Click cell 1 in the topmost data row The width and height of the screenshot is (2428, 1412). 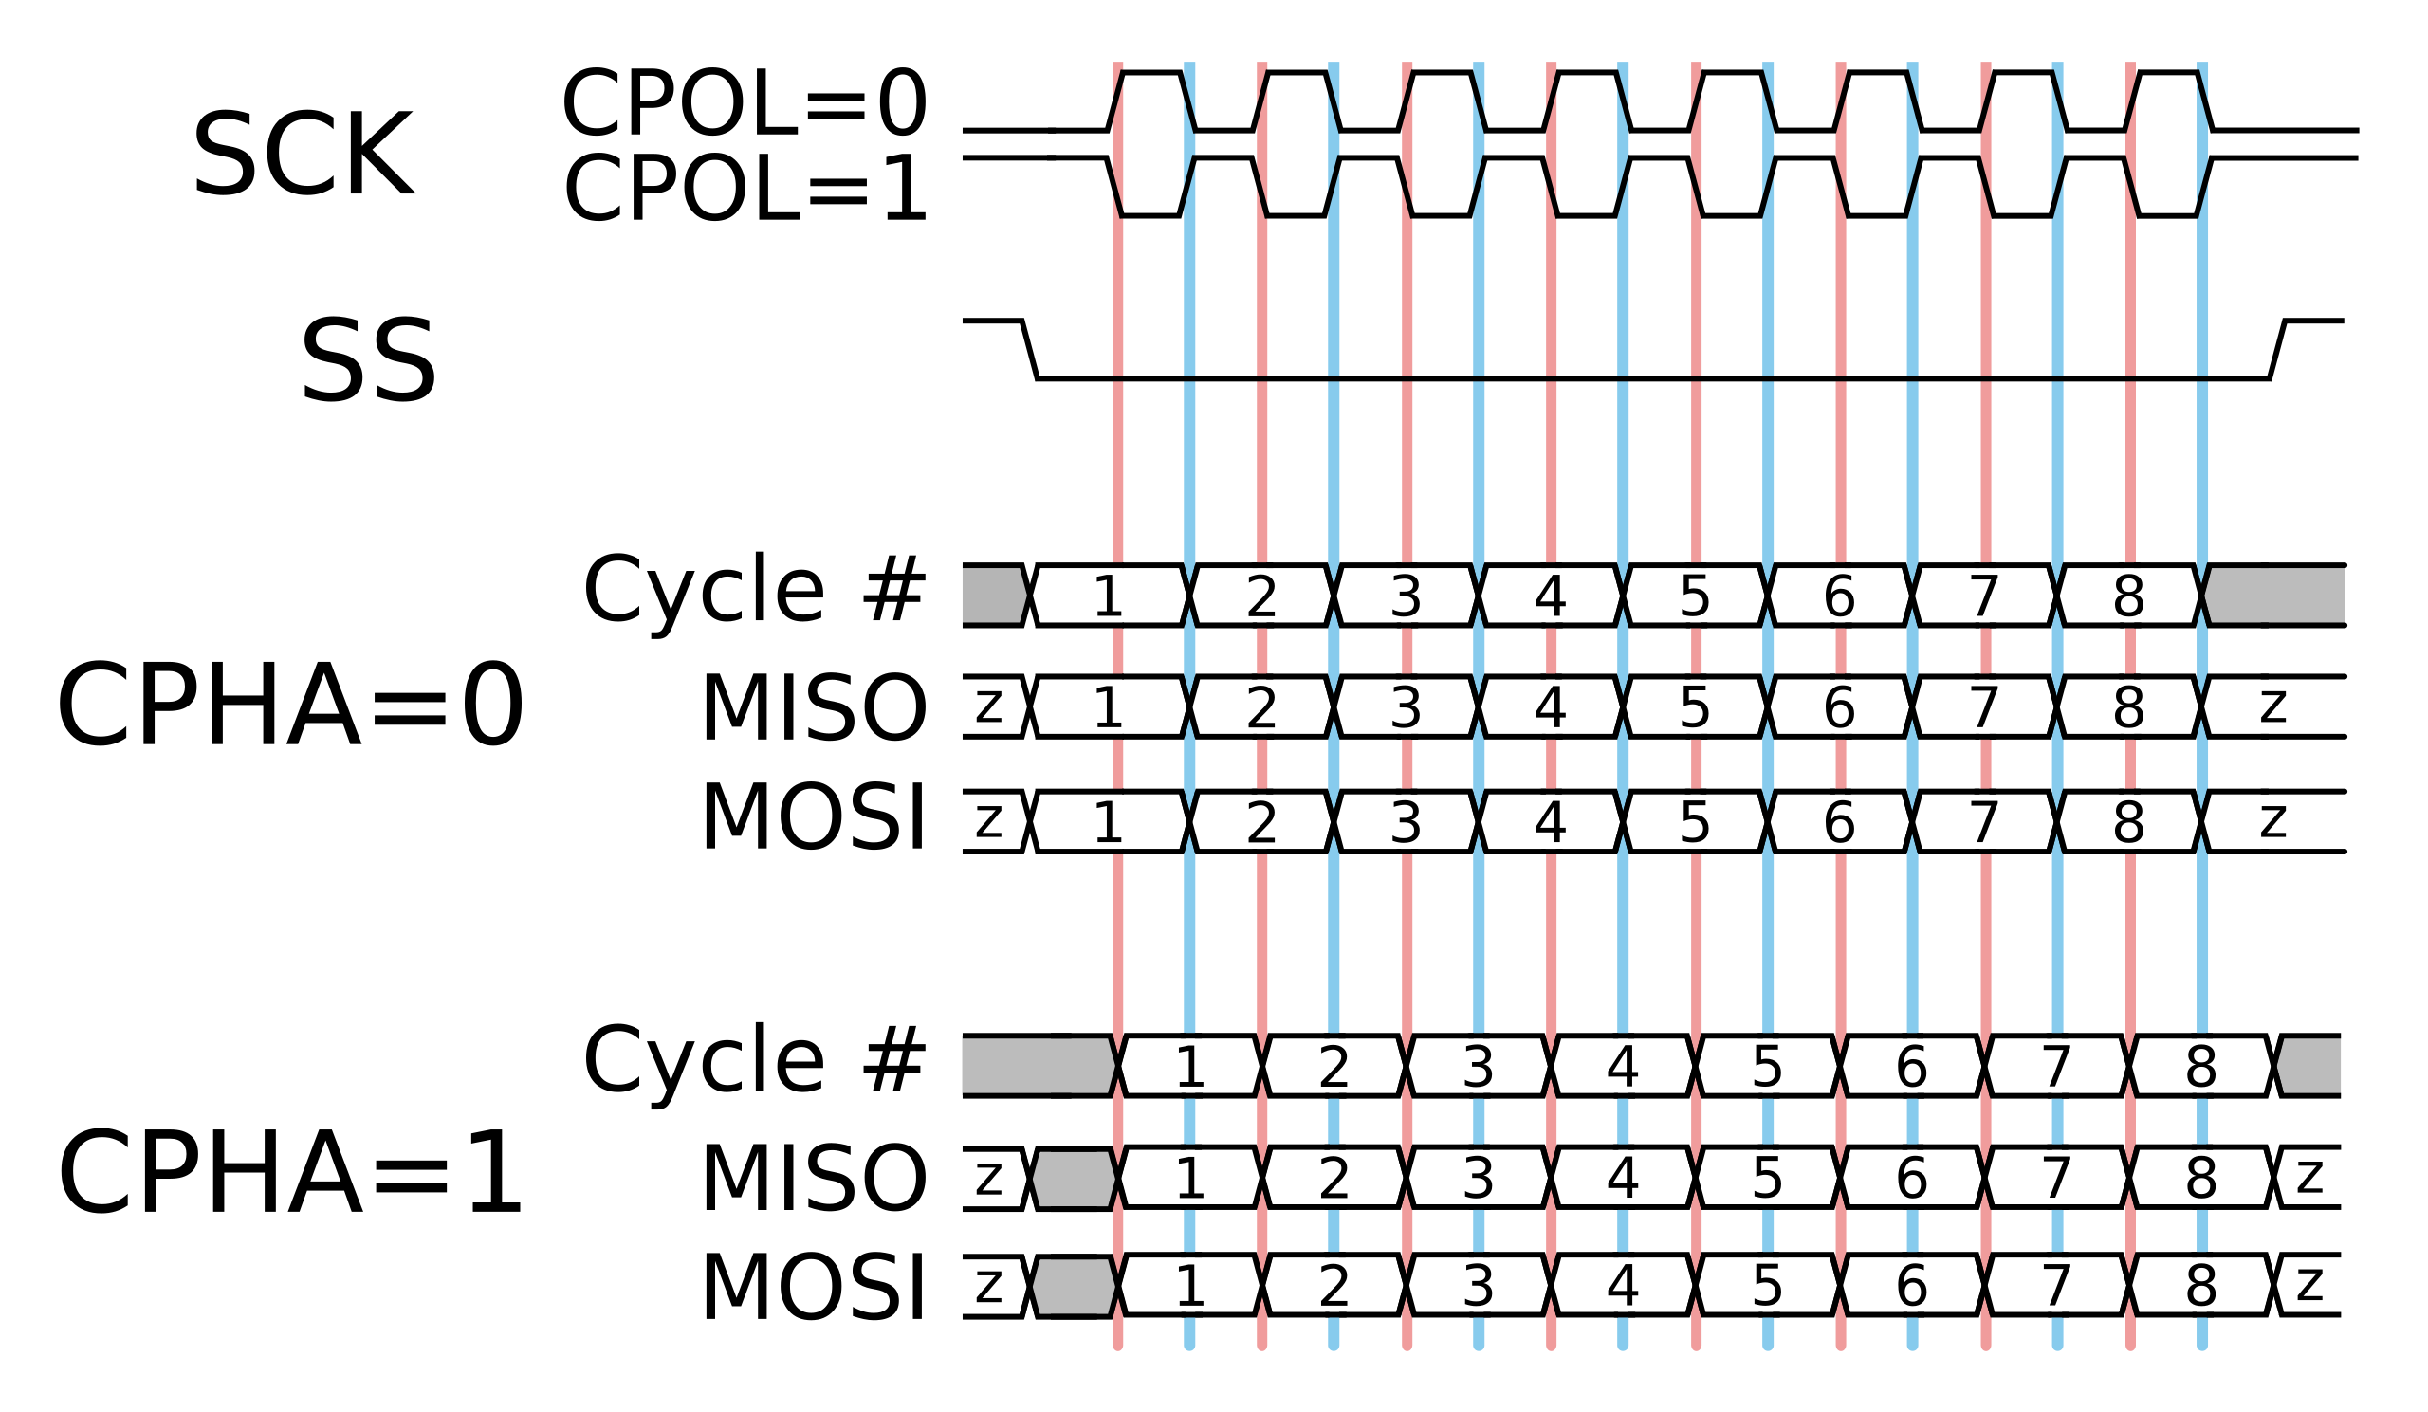click(1109, 596)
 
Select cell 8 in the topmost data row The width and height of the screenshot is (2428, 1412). click(2128, 596)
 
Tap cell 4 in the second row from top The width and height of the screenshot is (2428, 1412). click(1550, 706)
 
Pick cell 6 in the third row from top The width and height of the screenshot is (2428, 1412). click(1838, 820)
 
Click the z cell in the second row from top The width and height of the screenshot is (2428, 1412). click(2272, 706)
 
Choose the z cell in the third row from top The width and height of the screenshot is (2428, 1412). click(2272, 820)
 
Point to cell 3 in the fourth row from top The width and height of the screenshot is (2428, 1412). click(1478, 1066)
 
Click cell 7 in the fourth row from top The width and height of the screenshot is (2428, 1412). click(2056, 1066)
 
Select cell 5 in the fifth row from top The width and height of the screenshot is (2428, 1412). click(1767, 1176)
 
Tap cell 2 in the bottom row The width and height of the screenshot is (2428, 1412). click(1334, 1284)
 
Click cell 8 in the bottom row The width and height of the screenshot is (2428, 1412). click(2200, 1284)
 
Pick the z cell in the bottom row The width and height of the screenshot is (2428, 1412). click(2309, 1284)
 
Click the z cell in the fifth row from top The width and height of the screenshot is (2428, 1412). click(2309, 1176)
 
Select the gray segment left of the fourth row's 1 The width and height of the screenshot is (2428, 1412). click(1037, 1066)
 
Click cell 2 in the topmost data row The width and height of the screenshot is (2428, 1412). click(1261, 596)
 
